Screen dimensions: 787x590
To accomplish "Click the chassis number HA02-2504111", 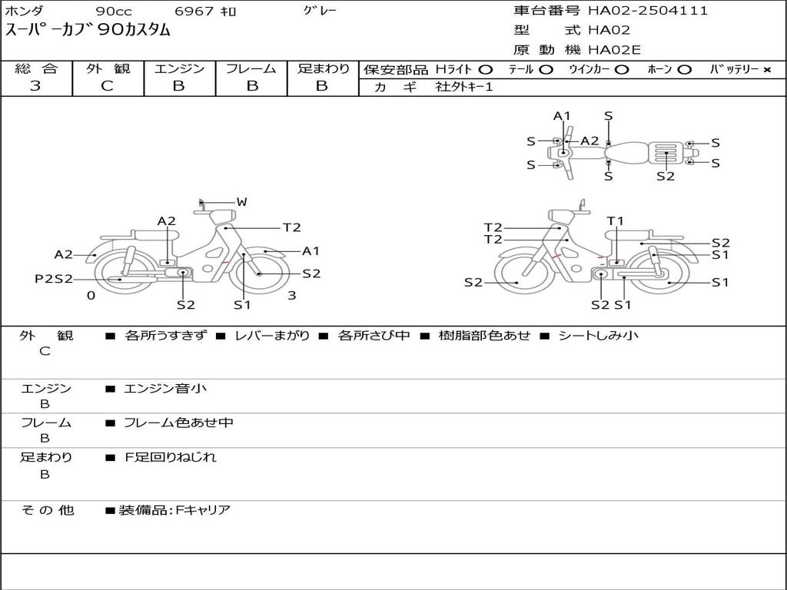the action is pos(648,11).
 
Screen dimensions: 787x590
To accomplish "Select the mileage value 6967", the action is pos(195,12).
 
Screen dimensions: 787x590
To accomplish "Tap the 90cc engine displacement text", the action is pos(112,12).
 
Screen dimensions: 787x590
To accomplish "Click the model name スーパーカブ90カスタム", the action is pos(88,31).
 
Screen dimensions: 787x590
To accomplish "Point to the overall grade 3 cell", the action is pos(35,86).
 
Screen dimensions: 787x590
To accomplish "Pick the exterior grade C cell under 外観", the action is pos(108,86).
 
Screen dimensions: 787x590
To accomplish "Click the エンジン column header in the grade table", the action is pos(179,69).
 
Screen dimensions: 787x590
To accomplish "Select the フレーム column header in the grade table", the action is pos(251,69).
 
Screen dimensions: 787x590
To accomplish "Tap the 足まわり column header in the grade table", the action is pos(323,69).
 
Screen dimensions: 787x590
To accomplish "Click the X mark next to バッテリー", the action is pos(766,70).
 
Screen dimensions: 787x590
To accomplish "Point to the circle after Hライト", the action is pos(486,70).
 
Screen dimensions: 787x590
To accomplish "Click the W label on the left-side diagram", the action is pos(241,202).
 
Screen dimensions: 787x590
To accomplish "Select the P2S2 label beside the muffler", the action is pos(54,279).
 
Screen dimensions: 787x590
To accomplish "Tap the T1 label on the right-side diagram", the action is pos(616,221).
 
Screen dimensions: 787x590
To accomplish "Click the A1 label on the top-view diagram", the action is pos(562,116).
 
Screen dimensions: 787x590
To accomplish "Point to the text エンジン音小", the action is pos(165,389).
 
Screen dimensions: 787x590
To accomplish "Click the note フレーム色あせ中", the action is pos(178,423).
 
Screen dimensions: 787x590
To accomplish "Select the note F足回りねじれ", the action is pos(171,457).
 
